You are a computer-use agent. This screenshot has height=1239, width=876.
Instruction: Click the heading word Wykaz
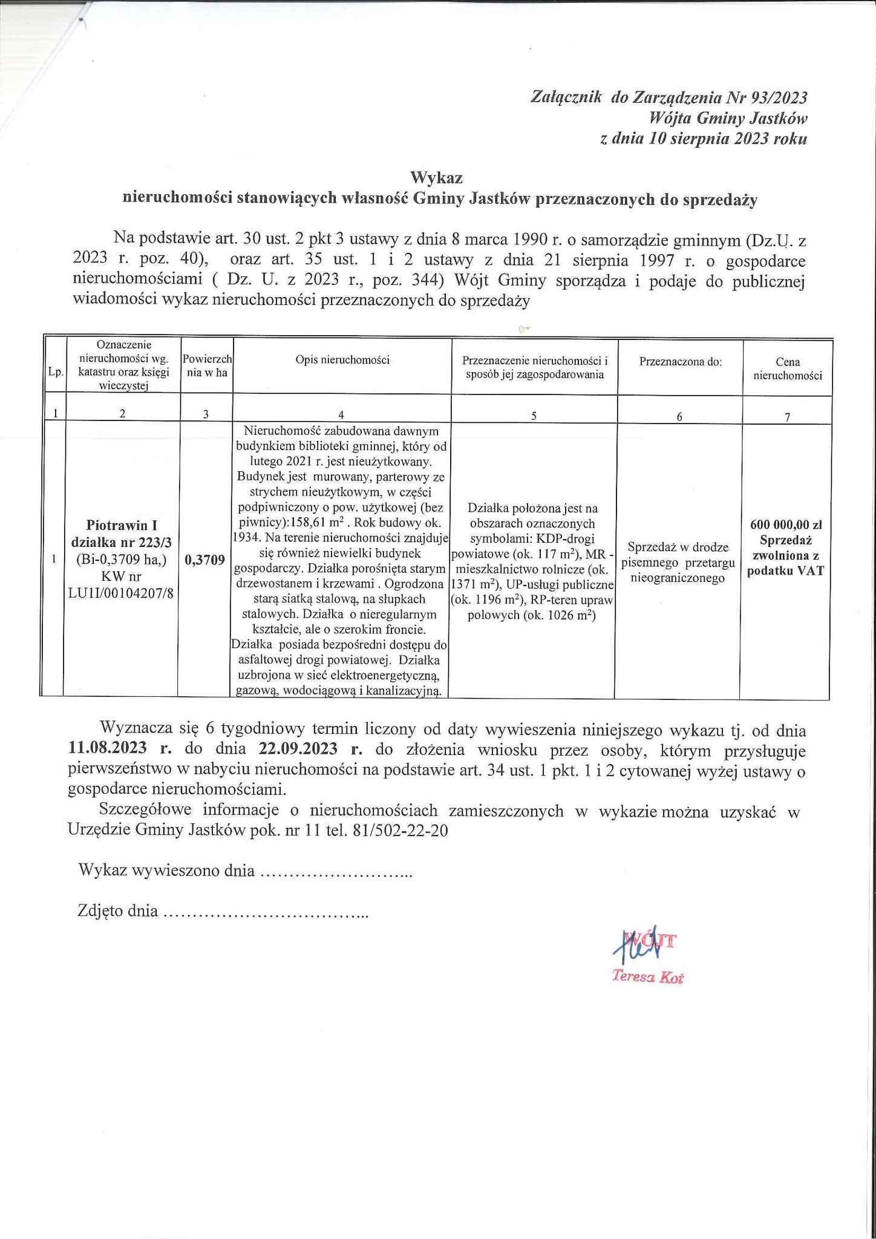pyautogui.click(x=436, y=178)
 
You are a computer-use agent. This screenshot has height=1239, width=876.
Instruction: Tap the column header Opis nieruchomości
pyautogui.click(x=342, y=360)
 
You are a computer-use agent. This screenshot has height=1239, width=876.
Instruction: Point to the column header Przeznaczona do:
pyautogui.click(x=681, y=362)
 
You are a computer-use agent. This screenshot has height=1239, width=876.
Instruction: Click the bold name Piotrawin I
pyautogui.click(x=122, y=526)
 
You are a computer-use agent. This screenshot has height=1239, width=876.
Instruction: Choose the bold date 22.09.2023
pyautogui.click(x=298, y=748)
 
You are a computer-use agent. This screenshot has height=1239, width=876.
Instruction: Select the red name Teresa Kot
pyautogui.click(x=647, y=976)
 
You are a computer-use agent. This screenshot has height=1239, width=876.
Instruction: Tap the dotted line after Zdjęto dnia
pyautogui.click(x=266, y=912)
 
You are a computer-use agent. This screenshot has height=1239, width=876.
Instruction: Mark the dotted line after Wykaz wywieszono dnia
pyautogui.click(x=336, y=872)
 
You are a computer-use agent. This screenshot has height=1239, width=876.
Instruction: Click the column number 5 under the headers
pyautogui.click(x=533, y=416)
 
